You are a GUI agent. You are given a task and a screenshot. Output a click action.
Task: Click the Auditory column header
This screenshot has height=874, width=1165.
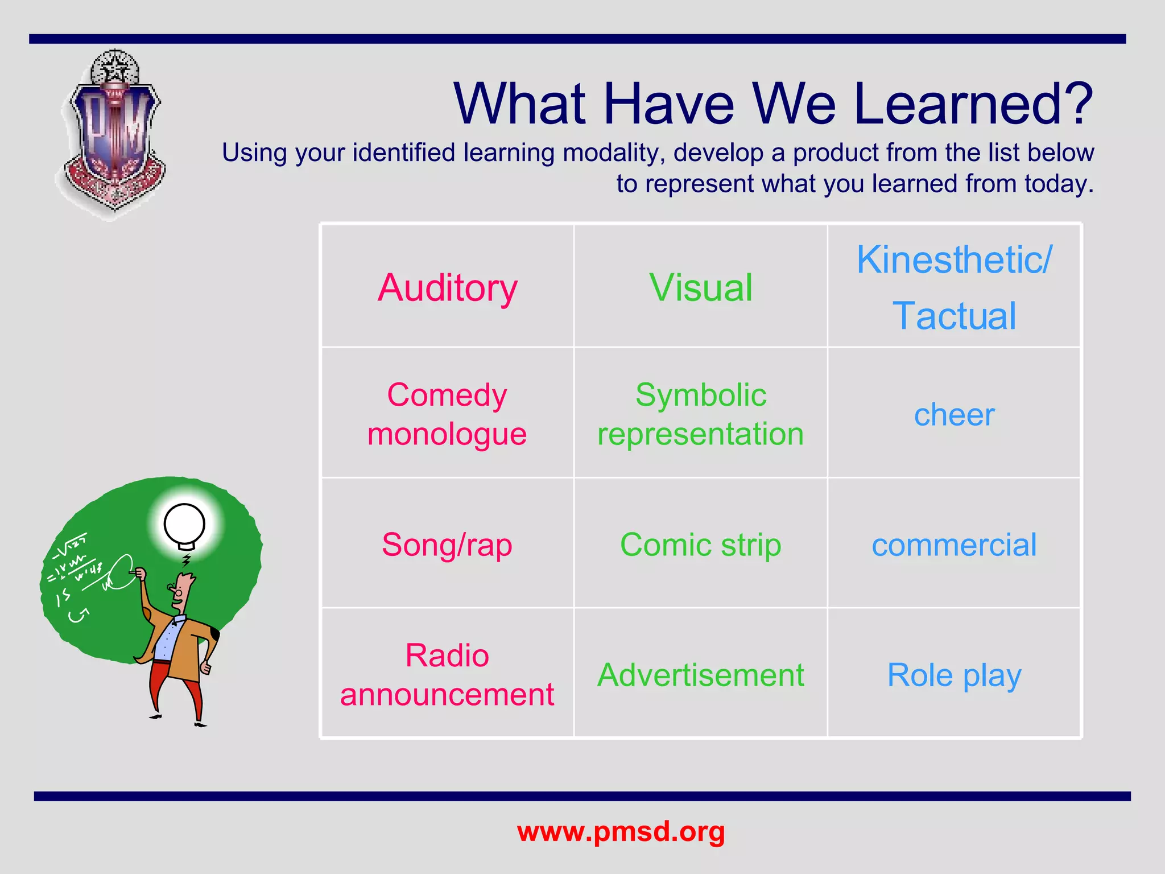(447, 288)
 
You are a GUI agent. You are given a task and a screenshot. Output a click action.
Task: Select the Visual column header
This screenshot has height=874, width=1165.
(701, 288)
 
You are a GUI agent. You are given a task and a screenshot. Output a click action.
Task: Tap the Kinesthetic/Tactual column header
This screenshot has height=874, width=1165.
(954, 288)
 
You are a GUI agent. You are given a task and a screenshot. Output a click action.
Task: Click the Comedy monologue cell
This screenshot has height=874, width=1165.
(447, 414)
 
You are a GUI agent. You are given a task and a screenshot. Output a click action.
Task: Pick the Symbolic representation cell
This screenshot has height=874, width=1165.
(701, 414)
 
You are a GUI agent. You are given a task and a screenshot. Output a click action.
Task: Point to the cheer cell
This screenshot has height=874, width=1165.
(954, 415)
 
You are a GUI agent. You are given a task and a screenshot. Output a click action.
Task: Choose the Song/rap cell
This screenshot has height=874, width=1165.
(447, 545)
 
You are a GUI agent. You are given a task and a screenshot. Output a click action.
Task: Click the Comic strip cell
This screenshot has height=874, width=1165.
(701, 545)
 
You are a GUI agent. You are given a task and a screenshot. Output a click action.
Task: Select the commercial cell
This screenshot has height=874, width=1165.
(954, 545)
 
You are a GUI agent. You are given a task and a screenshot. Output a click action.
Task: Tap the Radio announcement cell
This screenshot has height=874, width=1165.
(447, 674)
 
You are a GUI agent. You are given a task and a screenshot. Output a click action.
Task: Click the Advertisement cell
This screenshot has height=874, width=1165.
(701, 675)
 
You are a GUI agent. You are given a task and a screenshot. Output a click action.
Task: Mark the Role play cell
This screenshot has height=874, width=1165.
(954, 675)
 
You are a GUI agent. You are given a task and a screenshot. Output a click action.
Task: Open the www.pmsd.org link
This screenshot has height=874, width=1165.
(621, 831)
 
